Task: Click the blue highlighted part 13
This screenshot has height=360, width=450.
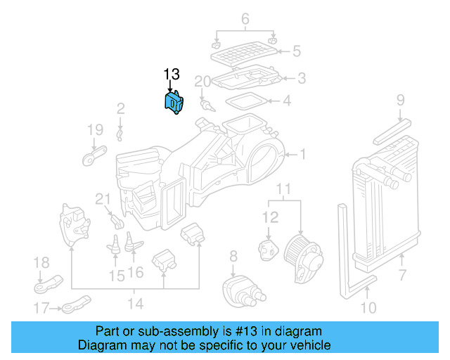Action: (x=173, y=103)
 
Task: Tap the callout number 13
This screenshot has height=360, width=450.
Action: (x=172, y=75)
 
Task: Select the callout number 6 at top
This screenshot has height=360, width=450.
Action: (x=245, y=19)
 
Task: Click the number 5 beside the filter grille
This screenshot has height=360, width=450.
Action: (x=296, y=51)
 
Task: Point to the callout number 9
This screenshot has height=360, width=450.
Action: (x=399, y=100)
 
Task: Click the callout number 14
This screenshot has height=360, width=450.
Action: (x=134, y=304)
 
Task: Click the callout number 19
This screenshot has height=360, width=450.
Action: (x=94, y=129)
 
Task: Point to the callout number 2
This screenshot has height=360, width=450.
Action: (x=120, y=108)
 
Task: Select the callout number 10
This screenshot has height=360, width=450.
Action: (x=368, y=307)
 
